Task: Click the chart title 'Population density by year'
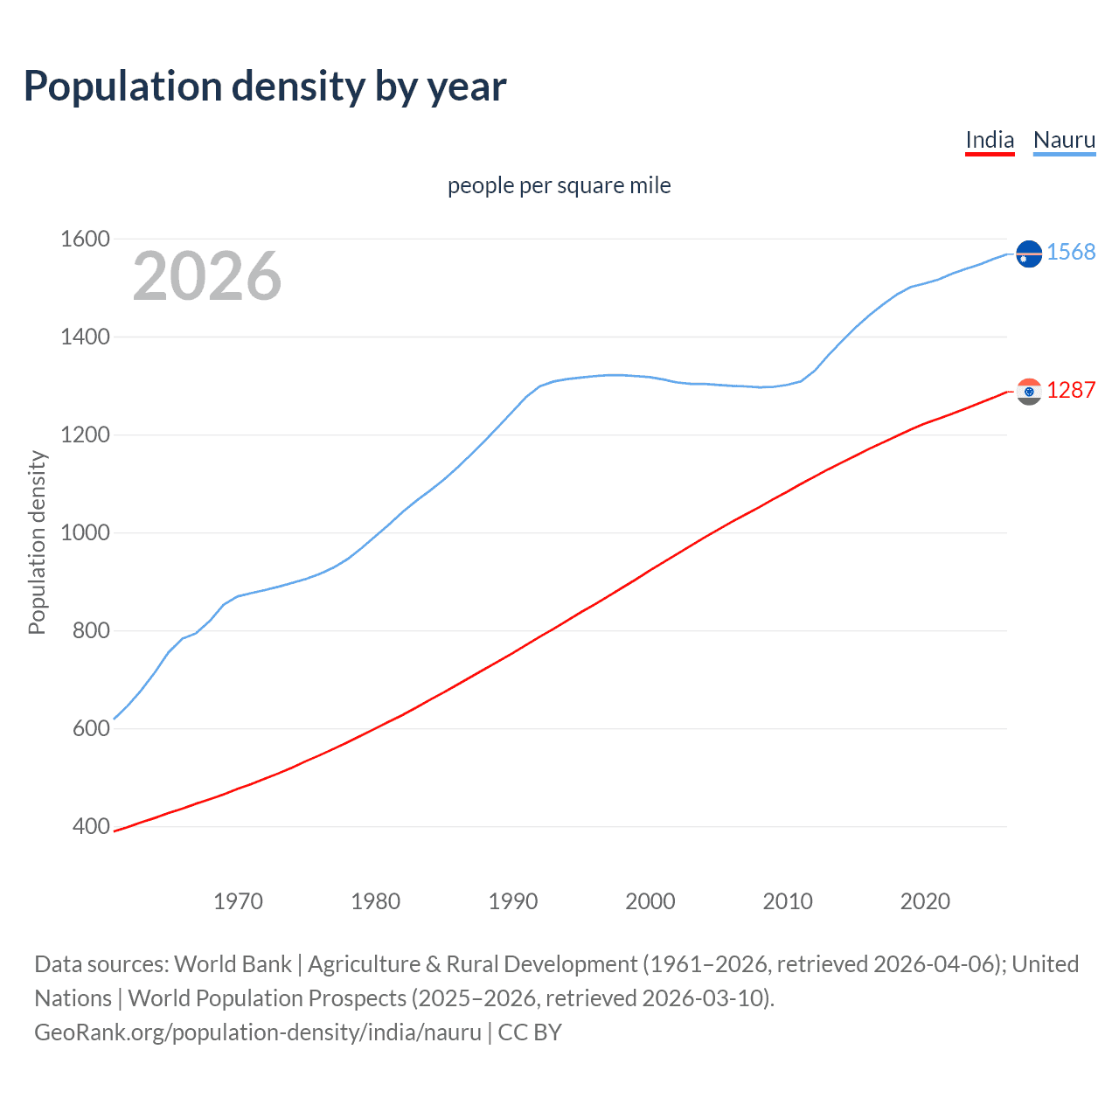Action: [265, 87]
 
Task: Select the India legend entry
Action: [990, 140]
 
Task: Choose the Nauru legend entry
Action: [1064, 140]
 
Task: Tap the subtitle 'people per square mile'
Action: [559, 186]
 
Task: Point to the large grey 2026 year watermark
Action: [207, 276]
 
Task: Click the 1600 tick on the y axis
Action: [85, 239]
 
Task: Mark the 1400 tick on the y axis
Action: [85, 337]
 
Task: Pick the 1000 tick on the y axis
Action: [85, 532]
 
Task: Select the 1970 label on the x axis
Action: [238, 901]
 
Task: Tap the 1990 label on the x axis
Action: [513, 901]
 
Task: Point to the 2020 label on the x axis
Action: [925, 901]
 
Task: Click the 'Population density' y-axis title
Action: [37, 542]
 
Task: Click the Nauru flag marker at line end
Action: [1029, 254]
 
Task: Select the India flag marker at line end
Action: [1029, 392]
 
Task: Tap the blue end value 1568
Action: [1071, 253]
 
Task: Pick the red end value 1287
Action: [1071, 391]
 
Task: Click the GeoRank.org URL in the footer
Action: [258, 1032]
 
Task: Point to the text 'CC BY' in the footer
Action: [530, 1032]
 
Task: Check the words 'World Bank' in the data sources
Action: [233, 964]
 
